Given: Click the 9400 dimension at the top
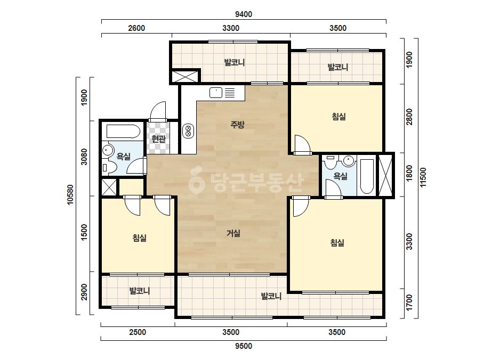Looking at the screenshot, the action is [x=244, y=14].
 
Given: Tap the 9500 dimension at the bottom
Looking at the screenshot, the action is [x=244, y=346].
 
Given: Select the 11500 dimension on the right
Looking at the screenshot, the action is [x=423, y=177].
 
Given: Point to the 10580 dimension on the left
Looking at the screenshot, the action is [x=70, y=195].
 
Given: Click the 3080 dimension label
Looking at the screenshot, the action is [x=84, y=157].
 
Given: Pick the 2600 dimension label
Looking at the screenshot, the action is [x=136, y=28].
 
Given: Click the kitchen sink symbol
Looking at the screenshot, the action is [x=216, y=93].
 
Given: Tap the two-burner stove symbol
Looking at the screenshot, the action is [x=188, y=131].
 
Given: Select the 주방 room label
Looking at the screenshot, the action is [x=237, y=125].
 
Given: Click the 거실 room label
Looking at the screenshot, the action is [x=233, y=233].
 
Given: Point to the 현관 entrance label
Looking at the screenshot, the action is [x=158, y=138].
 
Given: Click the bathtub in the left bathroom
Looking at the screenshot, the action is [x=123, y=132].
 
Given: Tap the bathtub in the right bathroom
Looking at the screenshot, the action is [x=367, y=176].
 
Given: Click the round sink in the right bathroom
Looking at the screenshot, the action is [x=349, y=160].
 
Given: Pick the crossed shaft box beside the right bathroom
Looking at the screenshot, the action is [x=385, y=175].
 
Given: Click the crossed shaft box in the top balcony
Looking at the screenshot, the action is [x=185, y=77].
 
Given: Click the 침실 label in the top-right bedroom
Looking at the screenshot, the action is [x=339, y=117].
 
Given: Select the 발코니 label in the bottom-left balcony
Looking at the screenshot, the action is [x=140, y=291].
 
